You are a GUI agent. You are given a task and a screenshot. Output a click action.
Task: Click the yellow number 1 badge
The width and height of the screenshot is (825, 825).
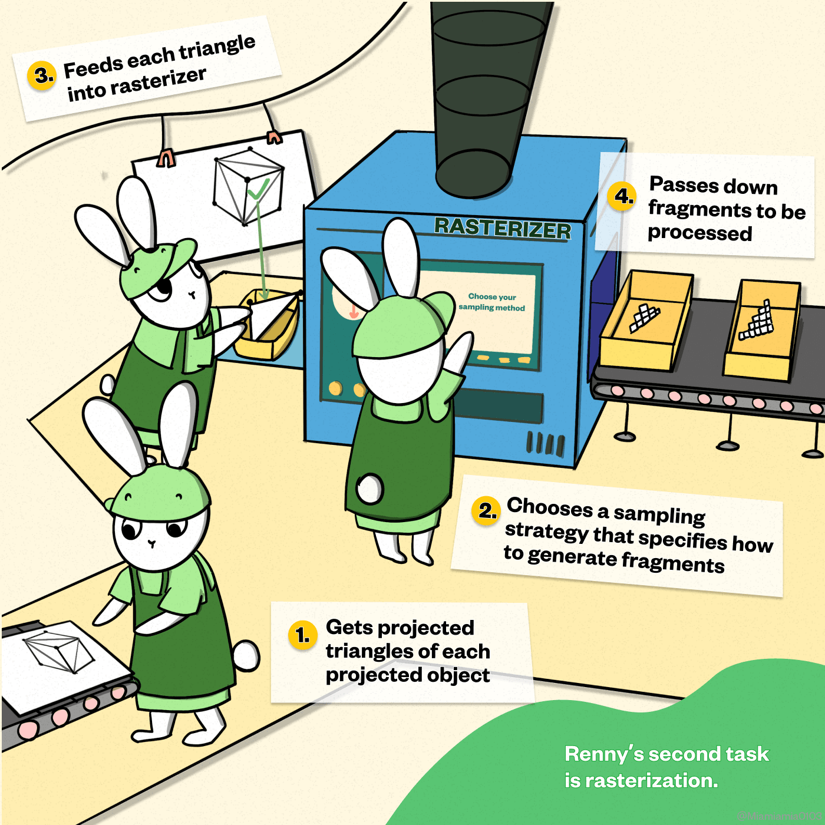[303, 635]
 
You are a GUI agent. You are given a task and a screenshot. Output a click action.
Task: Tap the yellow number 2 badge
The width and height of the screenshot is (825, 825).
[487, 510]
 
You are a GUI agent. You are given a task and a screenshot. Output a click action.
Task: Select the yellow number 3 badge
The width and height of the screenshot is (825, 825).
[42, 75]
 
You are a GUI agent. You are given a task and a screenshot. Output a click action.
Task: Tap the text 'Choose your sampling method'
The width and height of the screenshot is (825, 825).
[491, 302]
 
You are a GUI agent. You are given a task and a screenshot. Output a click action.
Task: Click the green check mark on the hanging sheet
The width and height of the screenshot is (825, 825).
[258, 189]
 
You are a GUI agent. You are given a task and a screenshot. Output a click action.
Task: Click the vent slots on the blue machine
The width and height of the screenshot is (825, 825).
[545, 443]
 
